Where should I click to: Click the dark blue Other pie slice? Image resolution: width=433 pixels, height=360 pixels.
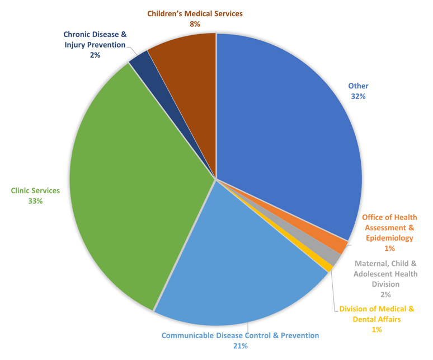285,129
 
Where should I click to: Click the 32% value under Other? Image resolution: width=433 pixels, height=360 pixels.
358,96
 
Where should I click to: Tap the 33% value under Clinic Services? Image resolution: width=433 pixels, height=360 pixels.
35,200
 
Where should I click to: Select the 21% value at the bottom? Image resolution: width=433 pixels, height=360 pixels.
241,345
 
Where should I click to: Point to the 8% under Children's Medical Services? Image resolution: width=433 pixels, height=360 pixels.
195,24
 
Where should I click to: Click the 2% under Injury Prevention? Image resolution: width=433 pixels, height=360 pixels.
95,55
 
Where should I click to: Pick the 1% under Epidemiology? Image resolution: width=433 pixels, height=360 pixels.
389,248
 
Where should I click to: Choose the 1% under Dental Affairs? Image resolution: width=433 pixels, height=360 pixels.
376,330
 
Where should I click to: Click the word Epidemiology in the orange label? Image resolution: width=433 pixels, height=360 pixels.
389,237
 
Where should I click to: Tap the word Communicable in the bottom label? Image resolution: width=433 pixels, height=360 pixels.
186,335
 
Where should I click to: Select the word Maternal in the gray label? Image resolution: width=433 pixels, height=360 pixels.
371,263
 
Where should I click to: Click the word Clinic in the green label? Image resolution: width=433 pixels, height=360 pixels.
22,190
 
